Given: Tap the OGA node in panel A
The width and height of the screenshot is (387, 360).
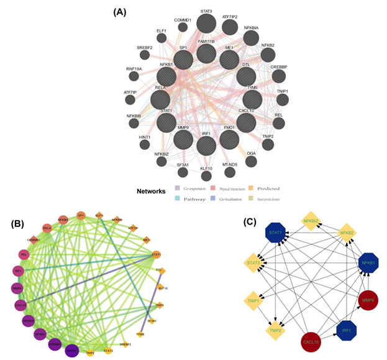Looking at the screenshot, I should pos(251,161).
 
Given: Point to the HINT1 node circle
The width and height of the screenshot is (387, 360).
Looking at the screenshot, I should pos(144,144).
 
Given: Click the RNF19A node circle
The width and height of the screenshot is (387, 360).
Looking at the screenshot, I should pos(134,76).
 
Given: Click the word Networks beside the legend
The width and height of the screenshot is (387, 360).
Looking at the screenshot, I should pos(152,192).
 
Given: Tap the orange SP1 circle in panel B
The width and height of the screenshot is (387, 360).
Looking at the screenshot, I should pos(81,216).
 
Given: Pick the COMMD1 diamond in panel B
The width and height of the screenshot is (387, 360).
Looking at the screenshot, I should pos(34,240).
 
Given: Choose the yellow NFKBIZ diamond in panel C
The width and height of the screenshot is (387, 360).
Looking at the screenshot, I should pos(311,220).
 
